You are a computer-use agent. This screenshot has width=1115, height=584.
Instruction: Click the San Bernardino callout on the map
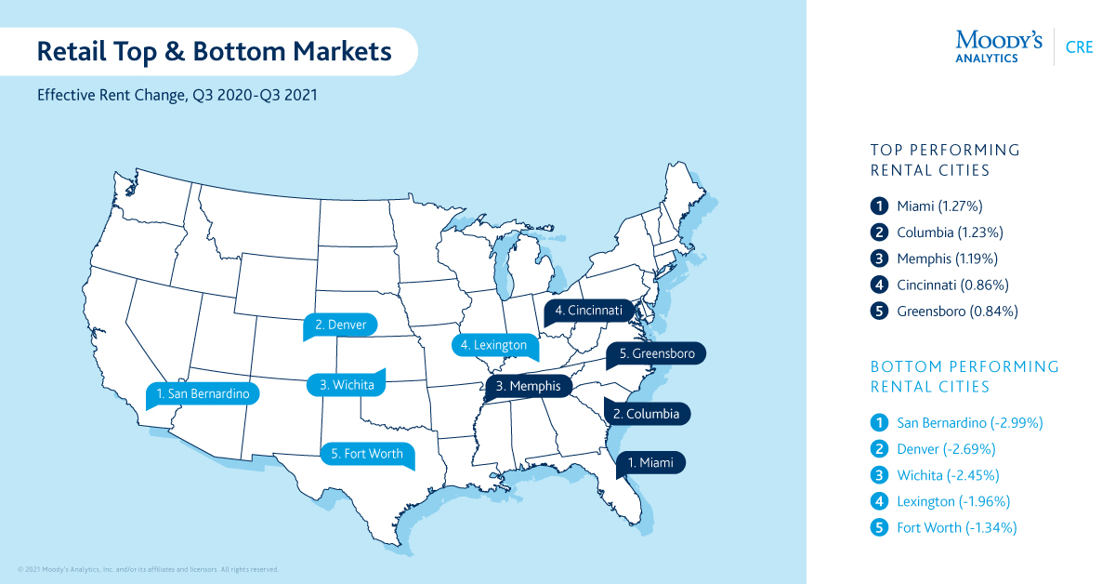tap(203, 394)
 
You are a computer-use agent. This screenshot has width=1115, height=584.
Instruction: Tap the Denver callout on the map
tap(340, 325)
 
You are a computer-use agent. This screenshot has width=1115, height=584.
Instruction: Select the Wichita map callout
tap(347, 384)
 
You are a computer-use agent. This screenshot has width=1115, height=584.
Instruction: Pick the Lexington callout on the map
tap(493, 345)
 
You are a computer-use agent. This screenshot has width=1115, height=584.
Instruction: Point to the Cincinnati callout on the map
tap(589, 310)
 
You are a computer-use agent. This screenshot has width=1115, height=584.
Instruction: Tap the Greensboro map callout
tap(656, 353)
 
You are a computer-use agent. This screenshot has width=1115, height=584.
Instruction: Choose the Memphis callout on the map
tap(527, 385)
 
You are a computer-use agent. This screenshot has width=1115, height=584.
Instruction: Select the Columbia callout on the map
tap(647, 413)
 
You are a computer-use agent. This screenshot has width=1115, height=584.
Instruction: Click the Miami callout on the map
tap(651, 461)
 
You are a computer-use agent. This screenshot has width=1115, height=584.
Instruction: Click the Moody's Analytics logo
tap(999, 46)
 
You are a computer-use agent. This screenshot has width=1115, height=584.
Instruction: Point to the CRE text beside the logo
tap(1080, 47)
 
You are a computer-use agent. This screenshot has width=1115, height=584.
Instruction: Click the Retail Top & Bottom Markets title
tap(214, 51)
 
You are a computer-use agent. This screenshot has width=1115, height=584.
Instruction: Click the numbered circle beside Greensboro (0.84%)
tap(878, 312)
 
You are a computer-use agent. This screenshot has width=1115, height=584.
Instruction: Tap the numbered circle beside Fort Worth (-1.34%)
tap(878, 528)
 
